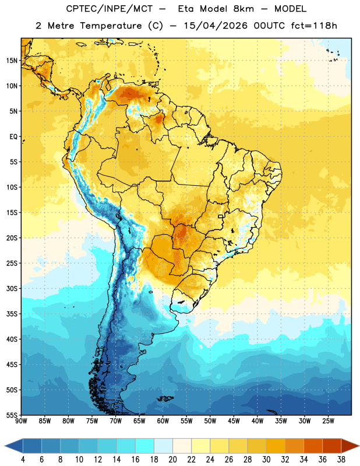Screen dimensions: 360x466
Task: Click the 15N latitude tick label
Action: pyautogui.click(x=12, y=61)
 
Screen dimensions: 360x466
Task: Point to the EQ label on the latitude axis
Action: pyautogui.click(x=13, y=137)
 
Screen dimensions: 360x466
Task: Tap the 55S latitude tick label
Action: pyautogui.click(x=12, y=415)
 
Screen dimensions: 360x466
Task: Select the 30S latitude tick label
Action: pyautogui.click(x=12, y=288)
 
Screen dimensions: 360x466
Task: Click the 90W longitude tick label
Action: pyautogui.click(x=21, y=421)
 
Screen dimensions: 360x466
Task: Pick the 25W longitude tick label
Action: pyautogui.click(x=328, y=421)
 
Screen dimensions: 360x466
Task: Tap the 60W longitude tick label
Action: pyautogui.click(x=163, y=421)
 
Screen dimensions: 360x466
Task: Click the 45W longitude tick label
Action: pyautogui.click(x=234, y=421)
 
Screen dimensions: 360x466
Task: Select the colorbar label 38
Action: pyautogui.click(x=341, y=460)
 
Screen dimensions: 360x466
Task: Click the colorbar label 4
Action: pyautogui.click(x=23, y=460)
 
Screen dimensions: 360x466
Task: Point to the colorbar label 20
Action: pyautogui.click(x=172, y=460)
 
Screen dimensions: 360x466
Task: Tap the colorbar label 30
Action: pyautogui.click(x=266, y=460)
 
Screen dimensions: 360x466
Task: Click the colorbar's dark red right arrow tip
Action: pyautogui.click(x=359, y=446)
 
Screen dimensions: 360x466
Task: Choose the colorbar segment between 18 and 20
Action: pyautogui.click(x=164, y=446)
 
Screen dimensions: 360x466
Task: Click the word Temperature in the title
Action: pyautogui.click(x=111, y=26)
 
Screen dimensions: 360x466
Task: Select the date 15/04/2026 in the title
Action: pyautogui.click(x=216, y=26)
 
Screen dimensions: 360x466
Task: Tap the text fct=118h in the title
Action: pyautogui.click(x=314, y=26)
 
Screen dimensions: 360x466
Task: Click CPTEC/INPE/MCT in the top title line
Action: pyautogui.click(x=109, y=9)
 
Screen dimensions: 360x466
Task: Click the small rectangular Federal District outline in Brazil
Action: pyautogui.click(x=221, y=216)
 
